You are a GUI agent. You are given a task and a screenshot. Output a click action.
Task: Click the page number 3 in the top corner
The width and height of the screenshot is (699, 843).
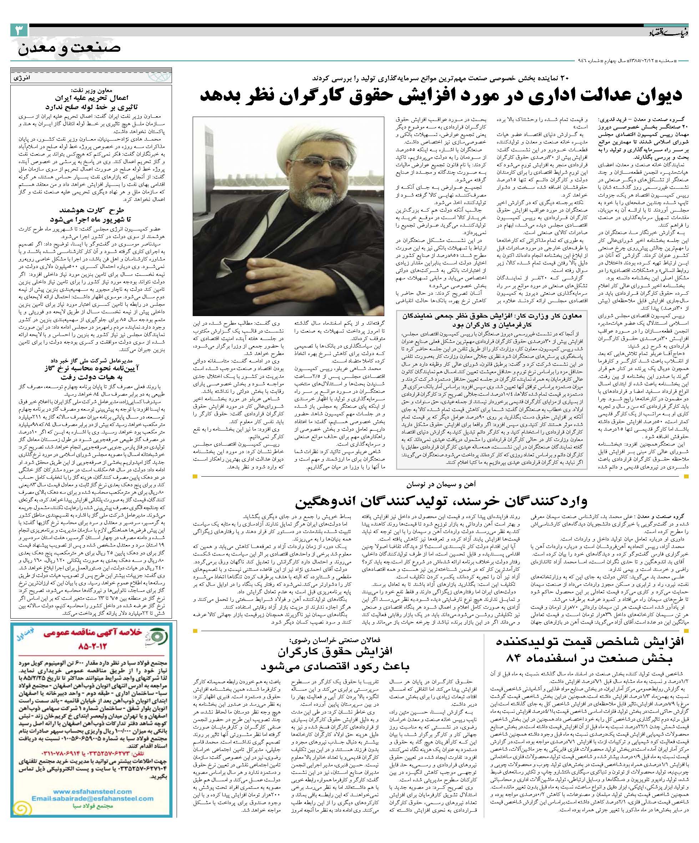coord(19,31)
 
